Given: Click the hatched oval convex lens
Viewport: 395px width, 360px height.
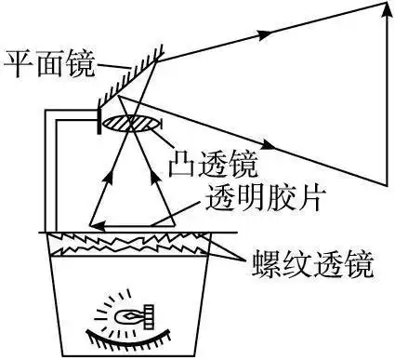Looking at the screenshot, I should (130, 122).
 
